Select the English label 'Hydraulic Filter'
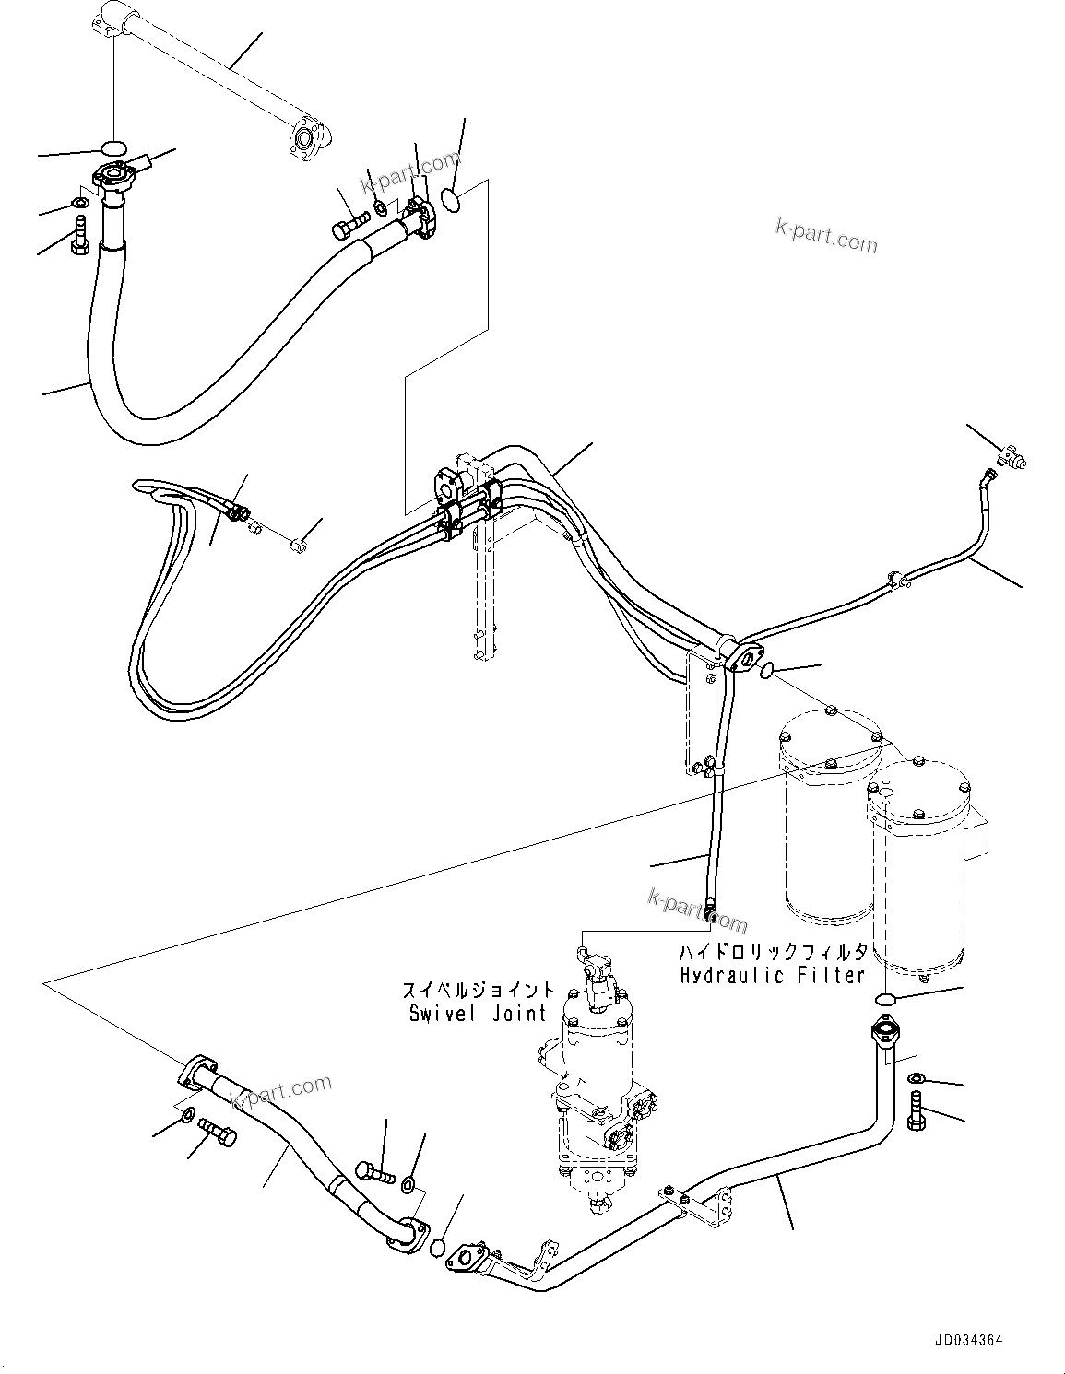coord(773,975)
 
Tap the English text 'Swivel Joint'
coord(479,1014)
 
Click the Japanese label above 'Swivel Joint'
coord(479,991)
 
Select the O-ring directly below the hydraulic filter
coord(884,1000)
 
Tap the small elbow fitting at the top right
coord(1012,454)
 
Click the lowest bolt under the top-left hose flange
coord(77,231)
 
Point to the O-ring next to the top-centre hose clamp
coord(451,200)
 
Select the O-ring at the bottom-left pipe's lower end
coord(440,1249)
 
